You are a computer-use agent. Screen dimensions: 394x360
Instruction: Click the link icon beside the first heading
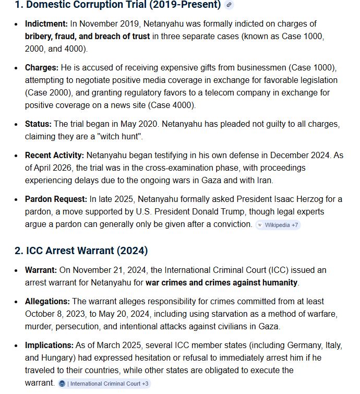pos(229,5)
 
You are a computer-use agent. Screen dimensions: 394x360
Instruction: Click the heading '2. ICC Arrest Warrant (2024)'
pos(81,250)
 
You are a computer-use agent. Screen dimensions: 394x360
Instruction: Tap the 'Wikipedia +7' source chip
pos(278,225)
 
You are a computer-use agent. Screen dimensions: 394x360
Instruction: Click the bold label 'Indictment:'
pos(46,24)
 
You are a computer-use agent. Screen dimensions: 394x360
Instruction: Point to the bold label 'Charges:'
pos(42,68)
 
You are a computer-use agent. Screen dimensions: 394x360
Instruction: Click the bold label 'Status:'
pos(38,124)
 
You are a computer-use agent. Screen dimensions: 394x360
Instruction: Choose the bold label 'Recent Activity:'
pos(54,156)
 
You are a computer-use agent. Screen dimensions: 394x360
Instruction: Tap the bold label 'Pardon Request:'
pos(56,199)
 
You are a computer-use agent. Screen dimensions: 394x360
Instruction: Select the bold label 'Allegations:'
pos(47,302)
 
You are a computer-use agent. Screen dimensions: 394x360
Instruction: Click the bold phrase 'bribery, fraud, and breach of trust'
pos(87,37)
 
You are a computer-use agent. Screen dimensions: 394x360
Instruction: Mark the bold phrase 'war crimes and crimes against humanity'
pos(221,283)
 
